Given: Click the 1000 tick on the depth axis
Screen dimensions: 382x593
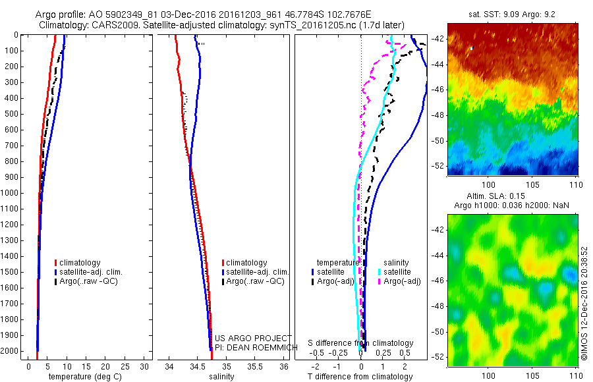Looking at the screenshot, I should click(x=13, y=193).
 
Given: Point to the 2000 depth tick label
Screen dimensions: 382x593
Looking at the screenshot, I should click(x=13, y=352).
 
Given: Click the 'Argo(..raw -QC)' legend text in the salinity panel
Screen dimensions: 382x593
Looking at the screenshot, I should click(x=255, y=281).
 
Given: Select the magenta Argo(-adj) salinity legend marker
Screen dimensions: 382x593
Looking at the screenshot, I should click(x=380, y=281).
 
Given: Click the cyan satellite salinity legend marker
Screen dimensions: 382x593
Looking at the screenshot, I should click(x=380, y=271).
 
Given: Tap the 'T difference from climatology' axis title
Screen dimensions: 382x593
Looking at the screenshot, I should click(x=360, y=377).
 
